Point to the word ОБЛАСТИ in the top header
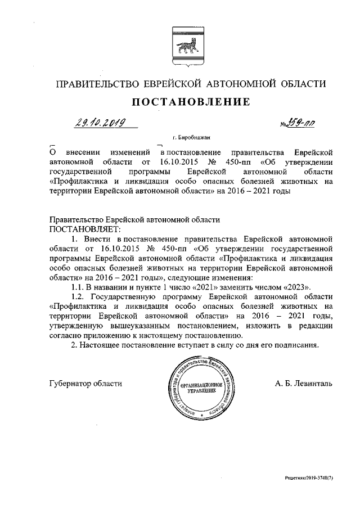pos(304,84)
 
